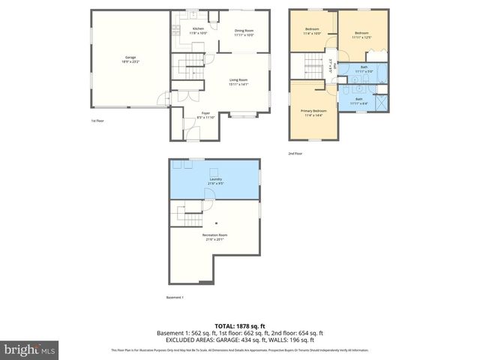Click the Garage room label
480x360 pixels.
[x=130, y=58]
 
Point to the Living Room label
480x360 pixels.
[x=238, y=82]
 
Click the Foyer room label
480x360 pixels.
[x=205, y=115]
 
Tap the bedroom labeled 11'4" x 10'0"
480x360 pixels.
[x=312, y=31]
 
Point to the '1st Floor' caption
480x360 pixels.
[x=97, y=121]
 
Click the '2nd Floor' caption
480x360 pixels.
[x=295, y=153]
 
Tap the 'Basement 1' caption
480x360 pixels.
[x=174, y=298]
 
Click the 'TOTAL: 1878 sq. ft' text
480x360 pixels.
[x=239, y=325]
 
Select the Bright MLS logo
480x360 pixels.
[x=30, y=349]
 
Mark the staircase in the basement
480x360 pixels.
[x=189, y=214]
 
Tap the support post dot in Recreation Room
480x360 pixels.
[x=216, y=223]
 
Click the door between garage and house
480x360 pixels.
[x=166, y=97]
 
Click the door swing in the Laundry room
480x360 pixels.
[x=180, y=166]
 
